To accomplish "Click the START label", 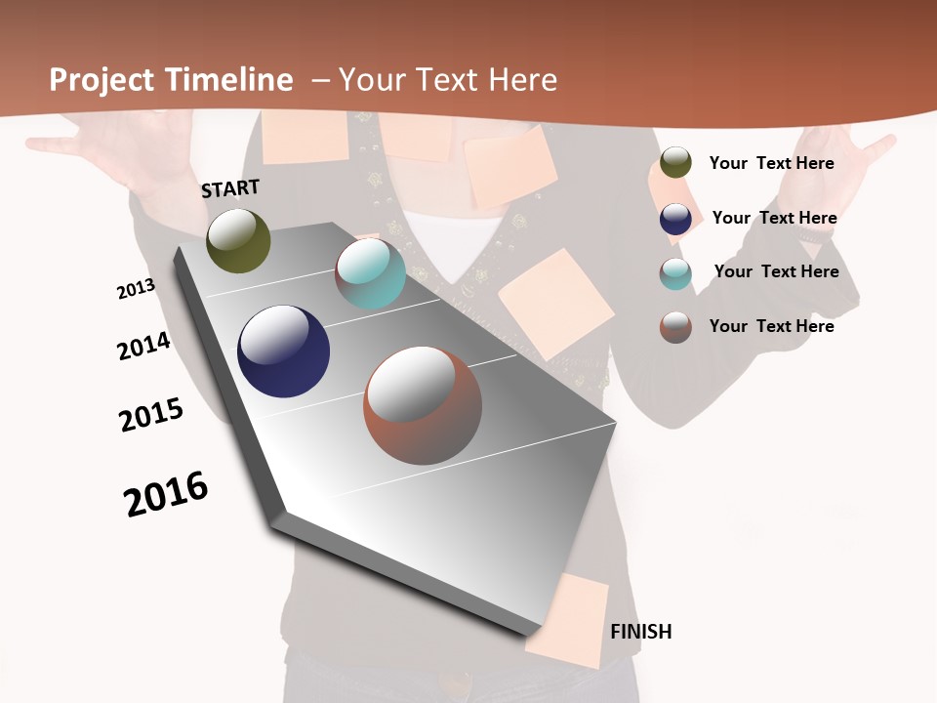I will [230, 187].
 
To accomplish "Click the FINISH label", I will [641, 632].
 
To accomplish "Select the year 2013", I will [136, 289].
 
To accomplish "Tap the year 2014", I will [143, 346].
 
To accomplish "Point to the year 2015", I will [151, 415].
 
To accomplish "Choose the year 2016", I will [166, 494].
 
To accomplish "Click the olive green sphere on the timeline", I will [238, 240].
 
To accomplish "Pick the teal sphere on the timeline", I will [370, 273].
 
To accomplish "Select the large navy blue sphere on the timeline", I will [283, 351].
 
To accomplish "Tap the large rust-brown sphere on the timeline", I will [423, 405].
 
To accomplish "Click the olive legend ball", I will [675, 163].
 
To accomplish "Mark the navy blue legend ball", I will [675, 219].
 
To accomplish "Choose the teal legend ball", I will [675, 273].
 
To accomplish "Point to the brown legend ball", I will [675, 327].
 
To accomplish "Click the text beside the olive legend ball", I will [771, 163].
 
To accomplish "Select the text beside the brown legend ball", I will [771, 326].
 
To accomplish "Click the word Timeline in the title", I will [229, 80].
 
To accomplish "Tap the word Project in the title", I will [102, 80].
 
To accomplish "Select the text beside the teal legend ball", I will [776, 271].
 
